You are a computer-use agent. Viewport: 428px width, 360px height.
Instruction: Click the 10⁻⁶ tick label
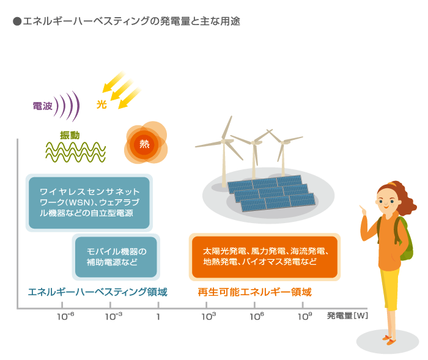coord(65,316)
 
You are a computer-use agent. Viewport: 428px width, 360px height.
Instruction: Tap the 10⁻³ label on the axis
coord(114,316)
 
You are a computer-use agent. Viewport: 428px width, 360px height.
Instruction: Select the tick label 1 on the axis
coord(158,317)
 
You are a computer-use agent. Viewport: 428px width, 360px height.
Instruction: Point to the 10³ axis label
coord(209,316)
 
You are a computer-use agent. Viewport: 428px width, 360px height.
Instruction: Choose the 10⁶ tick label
coord(257,316)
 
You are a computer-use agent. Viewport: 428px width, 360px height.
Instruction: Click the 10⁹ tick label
coord(305,316)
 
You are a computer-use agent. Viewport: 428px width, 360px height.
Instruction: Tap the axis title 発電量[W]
coord(347,316)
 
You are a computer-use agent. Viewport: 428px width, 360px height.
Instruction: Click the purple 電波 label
coord(43,106)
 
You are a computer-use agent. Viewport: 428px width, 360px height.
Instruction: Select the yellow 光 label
coord(101,105)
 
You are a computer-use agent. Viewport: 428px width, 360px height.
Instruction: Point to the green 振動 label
coord(70,135)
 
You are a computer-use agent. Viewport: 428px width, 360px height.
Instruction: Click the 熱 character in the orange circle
coord(144,144)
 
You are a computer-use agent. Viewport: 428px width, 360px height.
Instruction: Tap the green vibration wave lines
coord(76,152)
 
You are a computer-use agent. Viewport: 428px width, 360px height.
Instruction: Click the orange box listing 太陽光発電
coord(265,257)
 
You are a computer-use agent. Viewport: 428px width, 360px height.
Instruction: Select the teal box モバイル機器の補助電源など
coord(116,257)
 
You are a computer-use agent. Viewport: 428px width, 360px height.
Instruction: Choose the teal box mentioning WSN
coord(89,203)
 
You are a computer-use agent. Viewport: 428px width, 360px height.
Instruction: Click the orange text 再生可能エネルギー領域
coord(255,292)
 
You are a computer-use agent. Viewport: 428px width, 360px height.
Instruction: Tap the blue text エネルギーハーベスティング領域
coord(97,292)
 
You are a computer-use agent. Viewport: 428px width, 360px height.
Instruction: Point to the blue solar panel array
coord(271,193)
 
